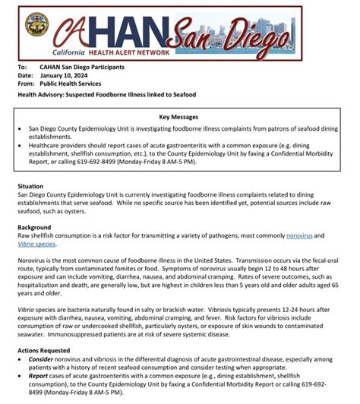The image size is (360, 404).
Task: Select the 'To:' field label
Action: [22, 67]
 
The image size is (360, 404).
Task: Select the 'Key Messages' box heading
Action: [180, 118]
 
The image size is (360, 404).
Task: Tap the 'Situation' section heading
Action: [32, 186]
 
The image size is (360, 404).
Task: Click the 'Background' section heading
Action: [35, 227]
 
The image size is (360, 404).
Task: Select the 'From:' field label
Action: [25, 84]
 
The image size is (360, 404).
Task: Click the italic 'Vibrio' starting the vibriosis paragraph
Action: [27, 310]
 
